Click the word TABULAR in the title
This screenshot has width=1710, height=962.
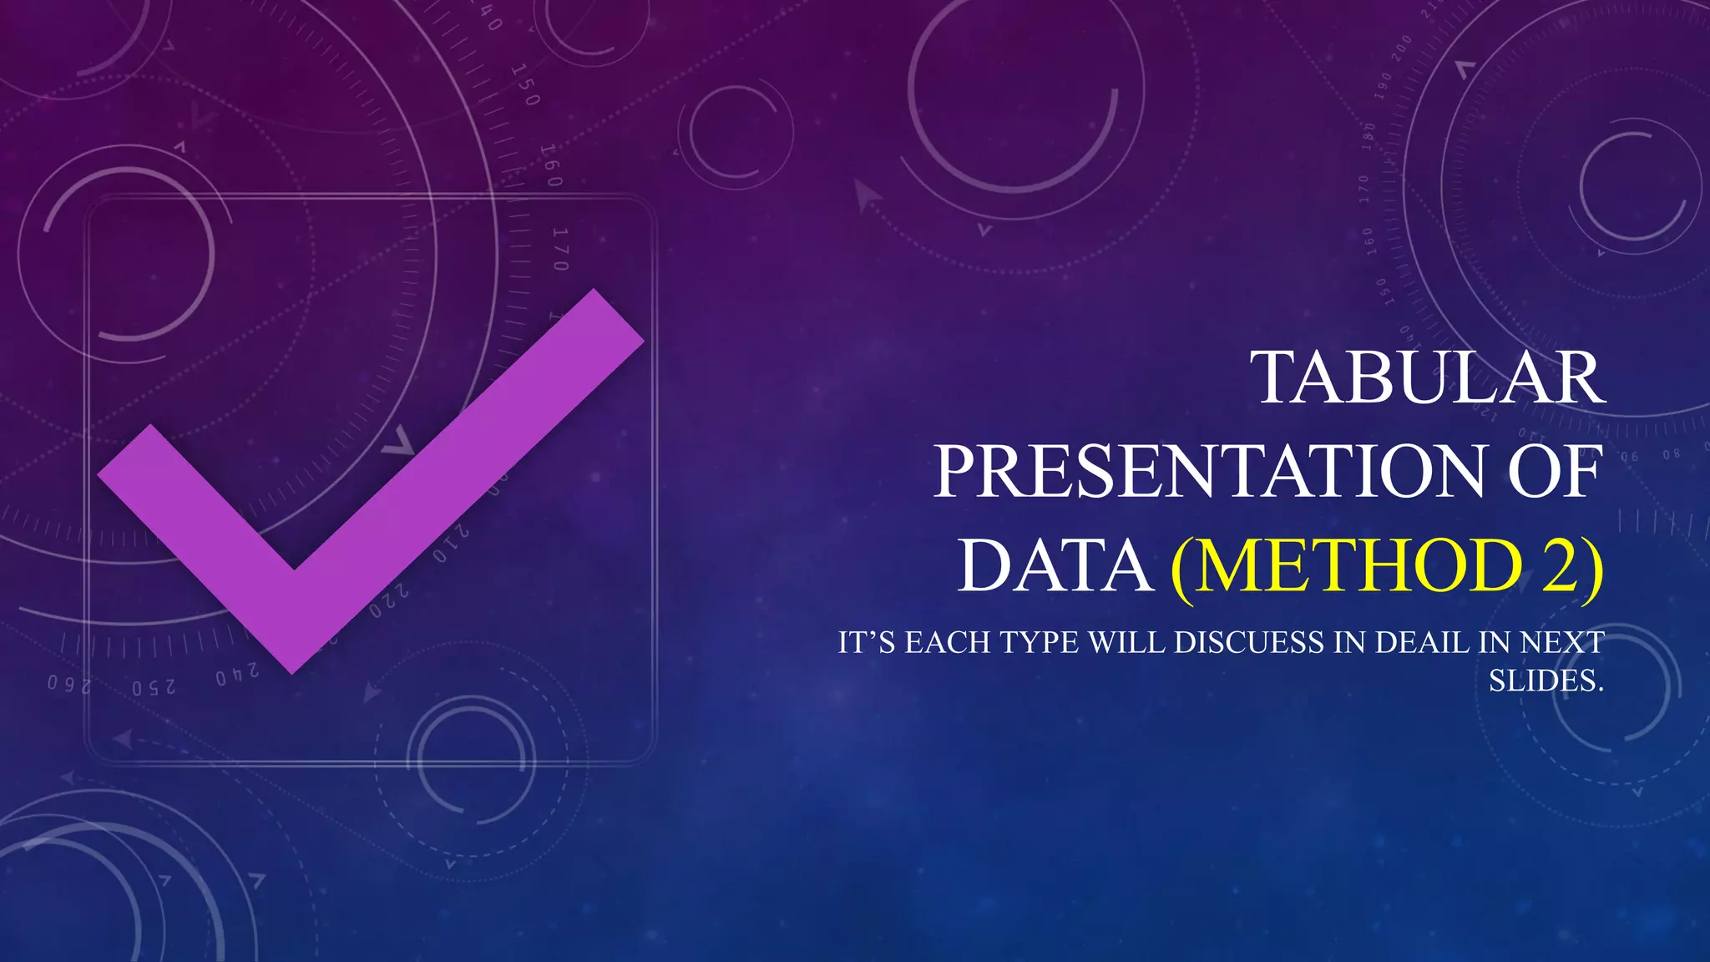click(x=1430, y=378)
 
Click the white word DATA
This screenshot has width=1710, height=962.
click(x=1056, y=566)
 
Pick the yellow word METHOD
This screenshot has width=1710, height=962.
click(x=1357, y=566)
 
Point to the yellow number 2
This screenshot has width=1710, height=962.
click(x=1560, y=566)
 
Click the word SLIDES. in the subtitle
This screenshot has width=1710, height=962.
click(x=1546, y=681)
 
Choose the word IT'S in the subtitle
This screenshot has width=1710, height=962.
click(x=867, y=642)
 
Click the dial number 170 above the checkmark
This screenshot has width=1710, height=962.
click(x=560, y=250)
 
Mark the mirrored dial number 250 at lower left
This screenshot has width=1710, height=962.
click(x=154, y=687)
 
